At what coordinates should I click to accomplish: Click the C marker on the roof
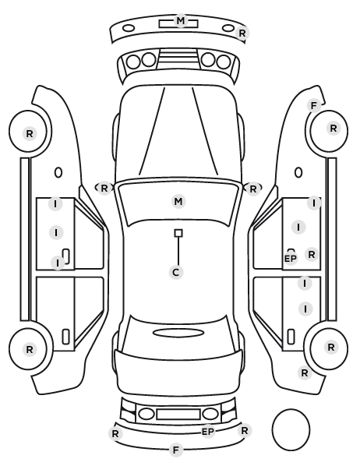tap(176, 272)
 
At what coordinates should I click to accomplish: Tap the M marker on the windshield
tap(178, 202)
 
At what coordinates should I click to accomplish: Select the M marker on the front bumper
tap(181, 21)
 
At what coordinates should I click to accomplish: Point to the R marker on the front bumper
tap(242, 34)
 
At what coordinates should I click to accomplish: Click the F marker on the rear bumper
tap(175, 450)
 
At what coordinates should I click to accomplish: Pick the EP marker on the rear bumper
tap(208, 431)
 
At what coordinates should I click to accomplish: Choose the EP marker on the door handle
tap(291, 259)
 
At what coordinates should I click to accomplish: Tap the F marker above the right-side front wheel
tap(313, 105)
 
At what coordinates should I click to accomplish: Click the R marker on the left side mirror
tap(104, 188)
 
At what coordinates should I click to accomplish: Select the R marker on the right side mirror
tap(252, 189)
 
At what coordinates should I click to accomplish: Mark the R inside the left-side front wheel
tap(30, 134)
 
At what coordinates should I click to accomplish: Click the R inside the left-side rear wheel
tap(30, 349)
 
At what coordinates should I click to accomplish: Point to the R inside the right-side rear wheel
tap(331, 347)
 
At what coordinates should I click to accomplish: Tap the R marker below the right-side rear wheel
tap(305, 372)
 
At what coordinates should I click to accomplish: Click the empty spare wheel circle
tap(291, 409)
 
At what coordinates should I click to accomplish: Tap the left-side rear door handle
tap(65, 337)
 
